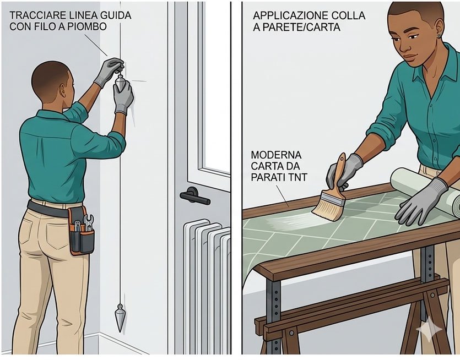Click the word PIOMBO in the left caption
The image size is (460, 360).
coord(86,26)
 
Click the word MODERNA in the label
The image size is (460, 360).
coord(276,155)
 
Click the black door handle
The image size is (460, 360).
coord(194,196)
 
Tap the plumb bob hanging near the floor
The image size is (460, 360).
coord(120,318)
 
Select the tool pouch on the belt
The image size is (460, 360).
coord(82,231)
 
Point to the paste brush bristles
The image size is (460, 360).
coord(327,206)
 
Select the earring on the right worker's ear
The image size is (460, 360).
coord(439,36)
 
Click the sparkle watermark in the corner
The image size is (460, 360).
coord(429,329)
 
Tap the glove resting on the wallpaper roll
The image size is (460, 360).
coord(419,202)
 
